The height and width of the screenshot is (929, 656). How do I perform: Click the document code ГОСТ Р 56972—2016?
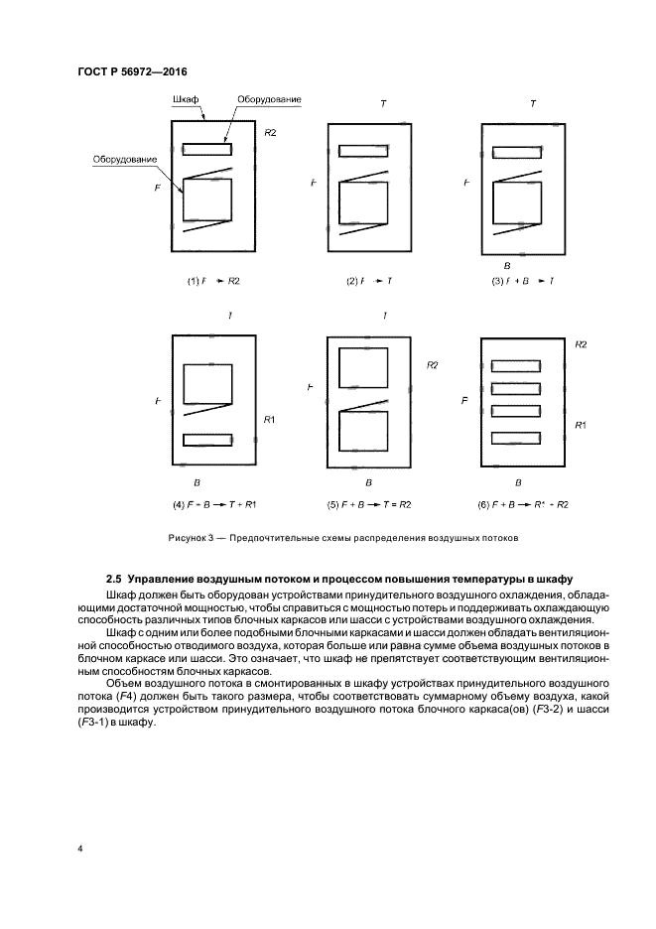[132, 71]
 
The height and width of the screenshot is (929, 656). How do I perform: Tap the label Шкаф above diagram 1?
[186, 101]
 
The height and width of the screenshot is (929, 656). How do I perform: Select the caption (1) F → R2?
[214, 281]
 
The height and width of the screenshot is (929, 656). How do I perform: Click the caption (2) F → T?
[369, 281]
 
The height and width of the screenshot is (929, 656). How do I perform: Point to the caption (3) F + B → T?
[523, 281]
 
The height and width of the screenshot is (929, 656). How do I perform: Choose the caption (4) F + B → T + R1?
[214, 504]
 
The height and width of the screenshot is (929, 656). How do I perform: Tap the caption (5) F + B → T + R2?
[369, 504]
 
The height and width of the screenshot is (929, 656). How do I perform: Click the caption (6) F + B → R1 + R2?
[523, 504]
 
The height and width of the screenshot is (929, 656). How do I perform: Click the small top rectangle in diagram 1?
[206, 150]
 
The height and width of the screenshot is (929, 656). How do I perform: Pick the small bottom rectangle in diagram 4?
[207, 440]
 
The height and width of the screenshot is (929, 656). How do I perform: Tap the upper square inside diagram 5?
[364, 367]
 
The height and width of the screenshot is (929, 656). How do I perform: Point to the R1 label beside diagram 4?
[269, 421]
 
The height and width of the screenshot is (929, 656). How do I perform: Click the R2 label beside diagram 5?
[433, 365]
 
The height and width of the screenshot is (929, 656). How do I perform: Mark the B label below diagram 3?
[507, 266]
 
